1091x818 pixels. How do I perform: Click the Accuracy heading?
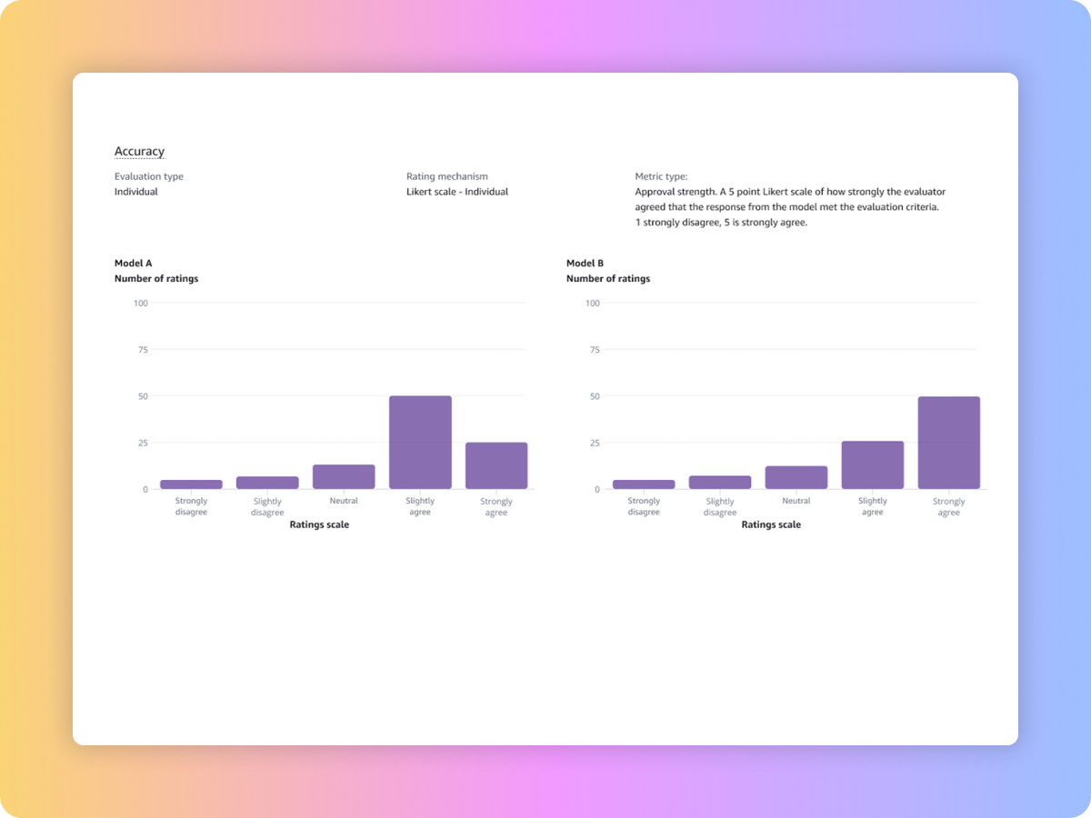[x=139, y=152]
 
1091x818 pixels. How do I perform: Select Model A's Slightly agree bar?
[x=420, y=443]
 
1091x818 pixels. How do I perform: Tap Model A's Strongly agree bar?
[x=496, y=465]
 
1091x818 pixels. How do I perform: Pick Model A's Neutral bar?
[x=344, y=477]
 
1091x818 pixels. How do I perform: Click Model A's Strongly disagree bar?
[x=191, y=484]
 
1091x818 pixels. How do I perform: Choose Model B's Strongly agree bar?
[x=948, y=443]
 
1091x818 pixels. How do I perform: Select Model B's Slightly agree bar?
[x=872, y=465]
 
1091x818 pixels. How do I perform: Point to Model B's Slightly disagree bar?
[x=720, y=483]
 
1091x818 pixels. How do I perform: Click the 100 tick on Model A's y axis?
[x=140, y=303]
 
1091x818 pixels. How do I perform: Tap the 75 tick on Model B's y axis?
[x=593, y=349]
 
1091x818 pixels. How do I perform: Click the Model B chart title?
[x=585, y=264]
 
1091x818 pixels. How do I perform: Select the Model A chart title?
[x=133, y=264]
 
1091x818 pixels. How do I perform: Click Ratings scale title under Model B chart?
[x=771, y=524]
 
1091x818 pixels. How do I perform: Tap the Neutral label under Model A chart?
[x=344, y=501]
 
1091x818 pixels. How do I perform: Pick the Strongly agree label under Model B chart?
[x=948, y=507]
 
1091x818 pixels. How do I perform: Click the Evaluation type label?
[x=148, y=176]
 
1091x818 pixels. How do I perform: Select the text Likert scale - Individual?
[x=457, y=192]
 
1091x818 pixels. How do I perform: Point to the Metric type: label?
[x=661, y=176]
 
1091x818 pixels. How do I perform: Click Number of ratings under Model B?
[x=608, y=279]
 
